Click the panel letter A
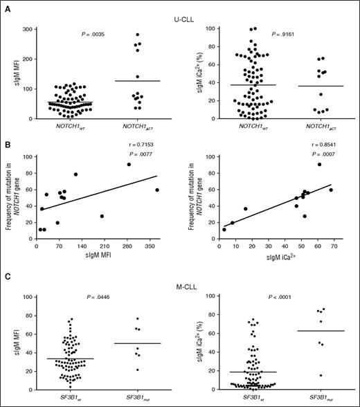[x=6, y=6]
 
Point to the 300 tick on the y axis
[x=28, y=29]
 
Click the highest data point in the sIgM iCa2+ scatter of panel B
[x=319, y=164]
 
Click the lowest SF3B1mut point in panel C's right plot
[x=321, y=375]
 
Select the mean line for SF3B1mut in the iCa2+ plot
[x=321, y=331]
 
